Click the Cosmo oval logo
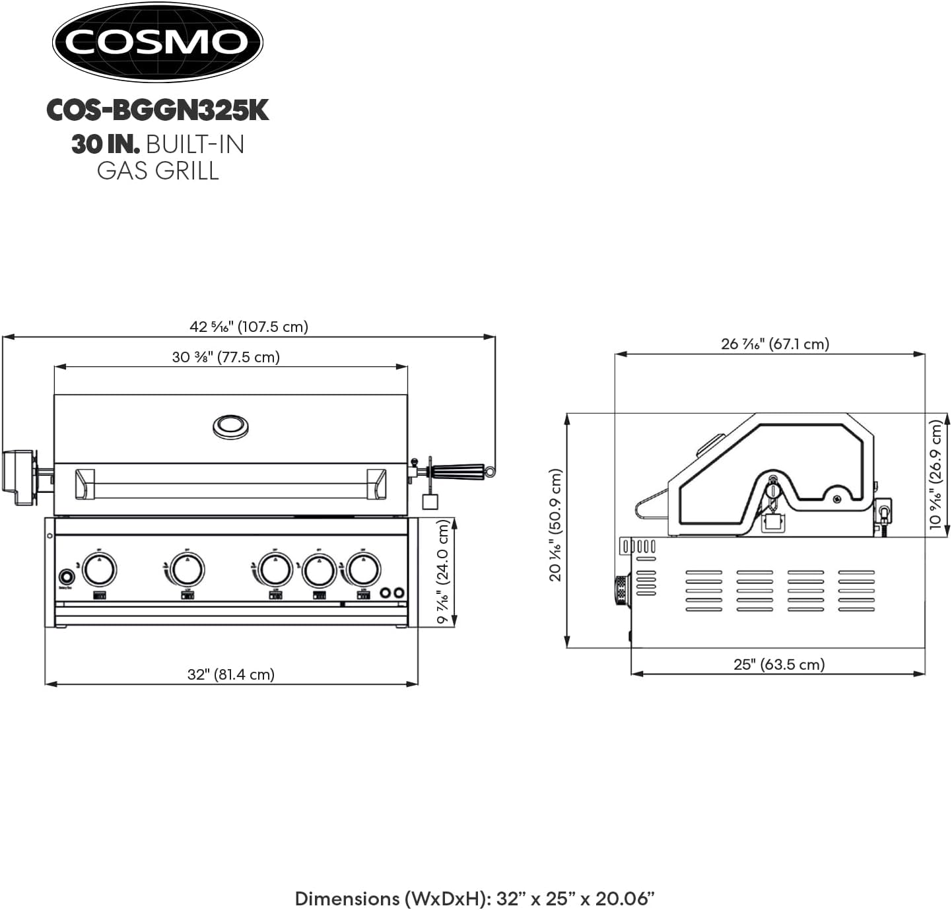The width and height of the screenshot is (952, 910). coord(158,42)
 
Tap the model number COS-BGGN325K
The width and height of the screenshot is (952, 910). coord(158,110)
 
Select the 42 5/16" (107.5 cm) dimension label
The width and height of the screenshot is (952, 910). coord(249,327)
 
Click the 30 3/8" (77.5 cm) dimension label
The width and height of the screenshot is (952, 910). coord(226,357)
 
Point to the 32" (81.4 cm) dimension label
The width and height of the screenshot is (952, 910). coord(231,674)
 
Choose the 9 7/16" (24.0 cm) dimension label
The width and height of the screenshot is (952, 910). coord(444,571)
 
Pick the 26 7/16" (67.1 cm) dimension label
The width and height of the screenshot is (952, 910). coord(775,344)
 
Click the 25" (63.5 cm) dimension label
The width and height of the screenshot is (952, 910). coord(779,665)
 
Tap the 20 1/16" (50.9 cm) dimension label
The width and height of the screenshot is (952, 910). coord(555,525)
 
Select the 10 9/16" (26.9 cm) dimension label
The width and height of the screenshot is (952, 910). coord(936,474)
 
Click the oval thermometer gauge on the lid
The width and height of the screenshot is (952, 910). coord(230,426)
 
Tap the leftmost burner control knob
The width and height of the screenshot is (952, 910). coord(99,569)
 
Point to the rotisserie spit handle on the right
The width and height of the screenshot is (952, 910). coord(458,471)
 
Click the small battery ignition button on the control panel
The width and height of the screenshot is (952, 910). coord(66,575)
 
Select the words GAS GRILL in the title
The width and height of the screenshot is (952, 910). coord(158,170)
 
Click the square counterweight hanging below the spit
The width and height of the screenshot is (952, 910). coord(430,501)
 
